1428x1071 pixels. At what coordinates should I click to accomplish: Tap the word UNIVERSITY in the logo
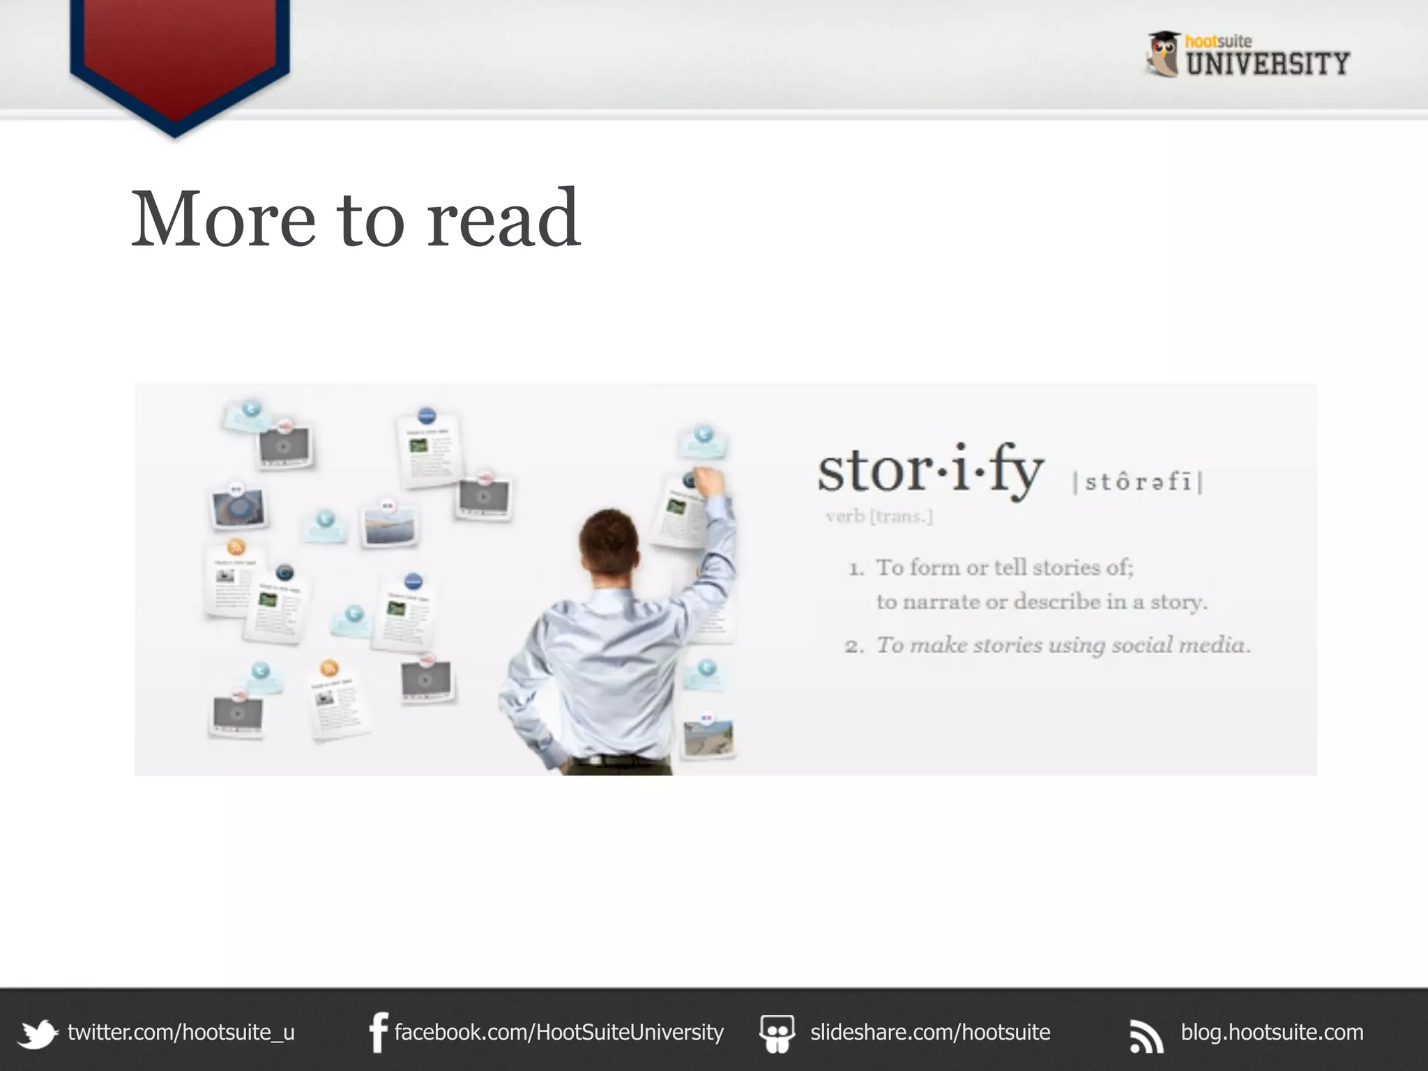pos(1268,64)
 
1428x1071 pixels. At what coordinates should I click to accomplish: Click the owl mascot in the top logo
pos(1163,54)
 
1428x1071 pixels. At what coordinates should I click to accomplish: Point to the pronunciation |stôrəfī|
pos(1138,481)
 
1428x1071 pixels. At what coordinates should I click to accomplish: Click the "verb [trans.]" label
pos(879,517)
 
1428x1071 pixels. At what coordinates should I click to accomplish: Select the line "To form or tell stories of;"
pos(1004,568)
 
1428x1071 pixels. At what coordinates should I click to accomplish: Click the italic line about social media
pos(1063,645)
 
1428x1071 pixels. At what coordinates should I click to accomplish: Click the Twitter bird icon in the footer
pos(38,1033)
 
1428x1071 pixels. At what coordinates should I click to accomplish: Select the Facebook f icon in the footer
pos(378,1033)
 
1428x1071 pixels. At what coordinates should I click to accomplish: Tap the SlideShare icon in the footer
pos(777,1033)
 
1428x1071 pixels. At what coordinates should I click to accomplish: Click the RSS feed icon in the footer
pos(1146,1035)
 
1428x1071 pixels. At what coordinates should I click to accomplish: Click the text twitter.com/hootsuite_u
pos(181,1032)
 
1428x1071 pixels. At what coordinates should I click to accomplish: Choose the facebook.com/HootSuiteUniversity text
pos(559,1032)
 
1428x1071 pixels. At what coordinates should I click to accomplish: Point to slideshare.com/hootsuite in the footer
pos(929,1032)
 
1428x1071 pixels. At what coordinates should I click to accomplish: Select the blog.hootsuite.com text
pos(1272,1032)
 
